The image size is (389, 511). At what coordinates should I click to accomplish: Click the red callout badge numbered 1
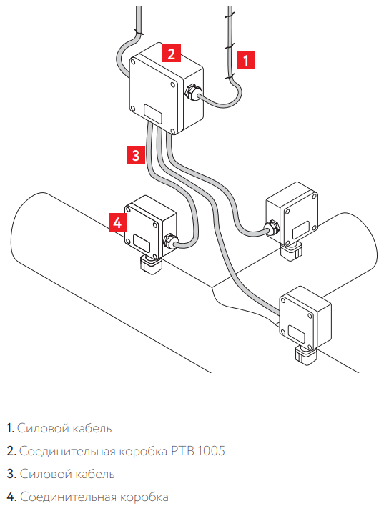coord(245,59)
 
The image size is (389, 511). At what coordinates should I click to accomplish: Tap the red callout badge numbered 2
coord(172,53)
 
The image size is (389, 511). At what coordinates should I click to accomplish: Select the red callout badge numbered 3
coord(136,155)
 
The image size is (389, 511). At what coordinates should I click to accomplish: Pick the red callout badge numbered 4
coord(118,222)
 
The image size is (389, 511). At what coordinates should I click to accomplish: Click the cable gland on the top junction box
coord(192,92)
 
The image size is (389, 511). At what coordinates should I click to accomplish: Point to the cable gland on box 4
coord(170,242)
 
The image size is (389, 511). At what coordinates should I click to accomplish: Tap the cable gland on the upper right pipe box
coord(272,228)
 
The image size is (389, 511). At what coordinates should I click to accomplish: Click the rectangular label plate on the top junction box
coord(153,114)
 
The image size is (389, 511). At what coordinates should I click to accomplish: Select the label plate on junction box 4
coord(141,243)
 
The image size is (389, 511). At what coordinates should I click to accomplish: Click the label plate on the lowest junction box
coord(296,335)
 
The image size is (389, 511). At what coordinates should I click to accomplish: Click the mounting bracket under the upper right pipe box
coord(292,252)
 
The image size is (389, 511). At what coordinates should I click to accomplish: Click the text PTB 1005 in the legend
coord(198,451)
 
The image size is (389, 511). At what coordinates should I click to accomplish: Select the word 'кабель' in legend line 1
coord(92,428)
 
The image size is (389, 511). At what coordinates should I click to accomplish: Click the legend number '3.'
coord(11,474)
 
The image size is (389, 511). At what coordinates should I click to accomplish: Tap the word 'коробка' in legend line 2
coord(143,451)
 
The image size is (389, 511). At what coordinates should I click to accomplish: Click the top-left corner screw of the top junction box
coord(133,61)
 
